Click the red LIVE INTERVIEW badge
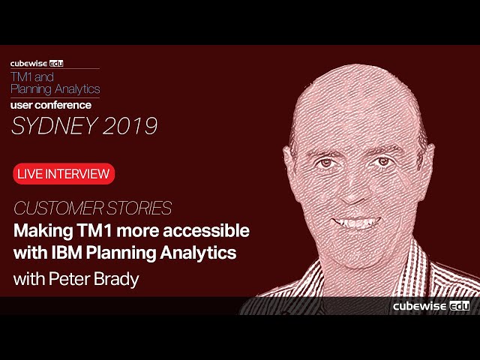point(63,174)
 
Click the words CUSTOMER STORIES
point(92,208)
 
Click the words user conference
point(51,105)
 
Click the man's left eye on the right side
point(383,161)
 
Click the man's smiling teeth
point(358,223)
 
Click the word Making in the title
point(41,230)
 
